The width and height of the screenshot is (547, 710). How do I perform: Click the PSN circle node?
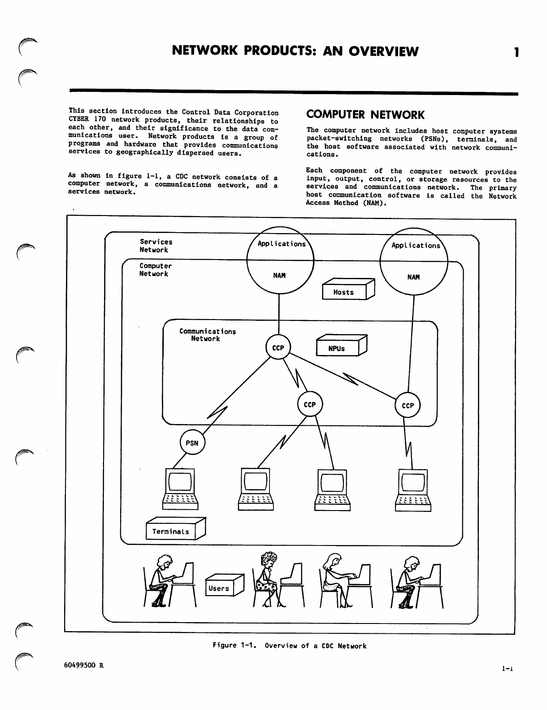click(x=192, y=443)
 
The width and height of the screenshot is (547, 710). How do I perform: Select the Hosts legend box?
click(x=344, y=292)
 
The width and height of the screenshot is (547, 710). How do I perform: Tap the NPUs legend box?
click(x=338, y=348)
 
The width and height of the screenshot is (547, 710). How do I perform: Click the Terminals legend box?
click(x=171, y=532)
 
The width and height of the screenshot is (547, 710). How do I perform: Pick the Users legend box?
click(x=219, y=588)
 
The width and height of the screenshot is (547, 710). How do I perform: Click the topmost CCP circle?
click(x=278, y=348)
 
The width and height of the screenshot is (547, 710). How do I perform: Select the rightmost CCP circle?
click(x=408, y=405)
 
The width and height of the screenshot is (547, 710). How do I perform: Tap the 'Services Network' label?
click(x=156, y=246)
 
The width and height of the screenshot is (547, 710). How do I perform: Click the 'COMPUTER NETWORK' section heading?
click(x=365, y=115)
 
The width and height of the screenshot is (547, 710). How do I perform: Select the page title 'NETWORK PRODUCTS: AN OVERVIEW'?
click(x=295, y=52)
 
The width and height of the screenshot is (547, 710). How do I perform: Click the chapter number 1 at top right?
click(x=517, y=52)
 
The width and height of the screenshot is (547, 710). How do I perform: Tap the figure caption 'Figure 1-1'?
click(x=289, y=645)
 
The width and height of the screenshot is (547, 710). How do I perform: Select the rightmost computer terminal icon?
click(x=413, y=489)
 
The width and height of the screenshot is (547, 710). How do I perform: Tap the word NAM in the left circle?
click(x=279, y=275)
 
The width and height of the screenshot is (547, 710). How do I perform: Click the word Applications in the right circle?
click(x=416, y=246)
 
